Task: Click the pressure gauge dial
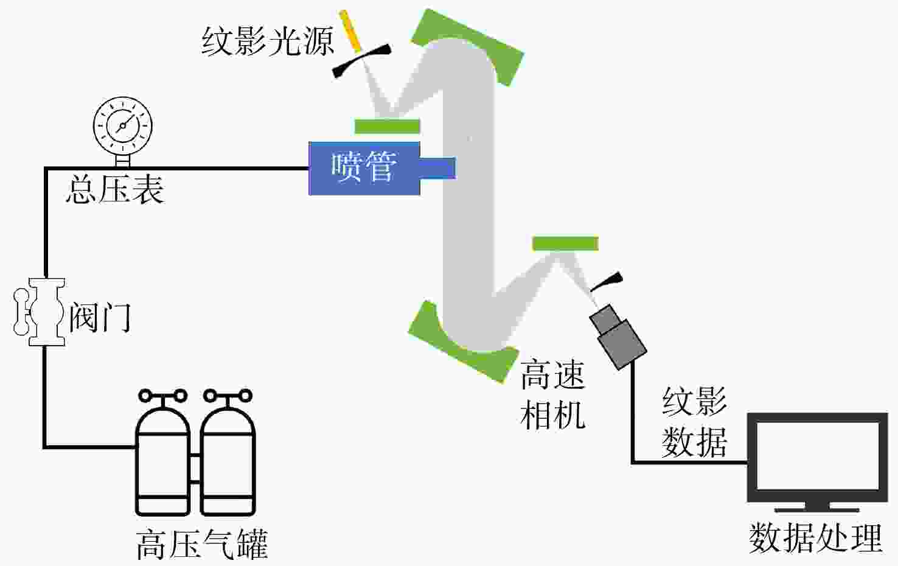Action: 123,125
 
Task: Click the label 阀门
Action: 100,318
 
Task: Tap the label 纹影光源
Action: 268,41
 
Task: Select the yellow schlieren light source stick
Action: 350,31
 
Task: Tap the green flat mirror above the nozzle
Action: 388,127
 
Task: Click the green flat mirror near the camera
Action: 565,243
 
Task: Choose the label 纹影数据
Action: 694,422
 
